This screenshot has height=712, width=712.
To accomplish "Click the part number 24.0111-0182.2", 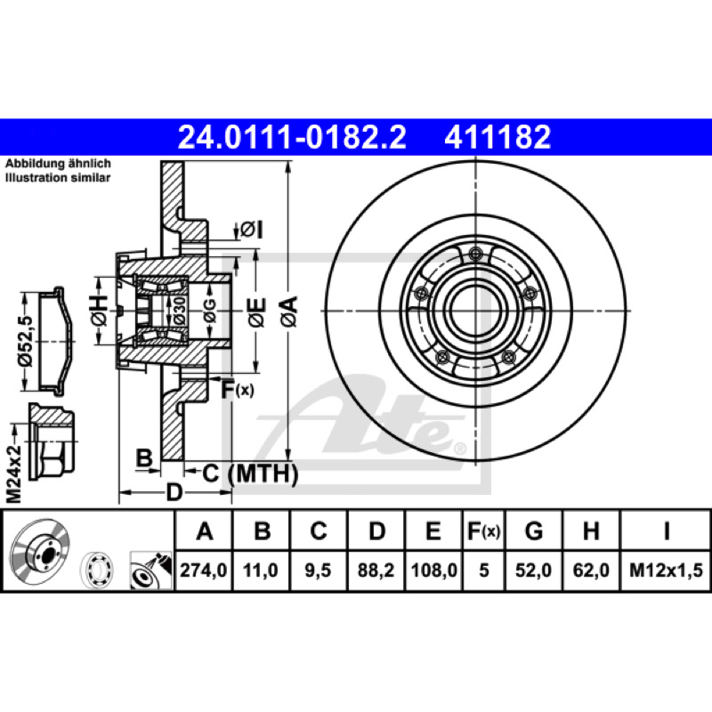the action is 292,137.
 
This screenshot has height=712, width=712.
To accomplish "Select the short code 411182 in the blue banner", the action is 498,137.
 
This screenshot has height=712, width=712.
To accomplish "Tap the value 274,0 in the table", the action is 204,570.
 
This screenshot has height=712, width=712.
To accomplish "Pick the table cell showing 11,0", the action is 260,570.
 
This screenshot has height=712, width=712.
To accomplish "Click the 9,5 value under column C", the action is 318,570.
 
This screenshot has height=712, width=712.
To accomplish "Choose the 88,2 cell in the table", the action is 376,570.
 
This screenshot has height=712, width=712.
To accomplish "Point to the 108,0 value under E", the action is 433,570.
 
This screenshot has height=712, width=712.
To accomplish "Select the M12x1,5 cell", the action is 666,570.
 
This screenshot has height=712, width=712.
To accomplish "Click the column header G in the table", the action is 533,530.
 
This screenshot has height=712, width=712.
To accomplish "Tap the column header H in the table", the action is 591,530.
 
